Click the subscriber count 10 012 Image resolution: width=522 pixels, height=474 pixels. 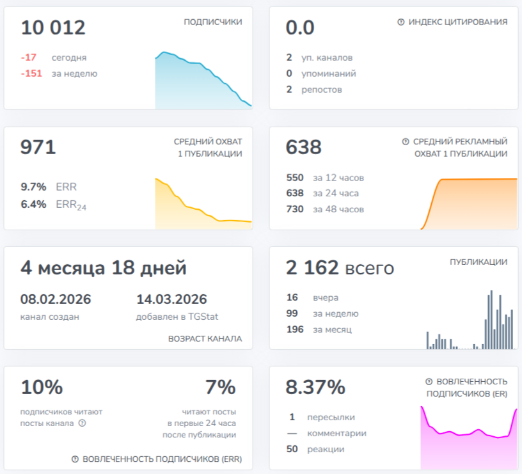tap(53, 28)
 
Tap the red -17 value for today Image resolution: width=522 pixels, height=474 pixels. tap(29, 58)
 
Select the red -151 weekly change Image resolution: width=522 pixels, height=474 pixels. tap(31, 74)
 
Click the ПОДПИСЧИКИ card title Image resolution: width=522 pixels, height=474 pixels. tap(213, 22)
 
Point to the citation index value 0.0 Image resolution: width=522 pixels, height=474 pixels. tap(300, 28)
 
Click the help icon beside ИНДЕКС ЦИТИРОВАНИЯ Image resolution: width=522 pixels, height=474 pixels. tap(401, 22)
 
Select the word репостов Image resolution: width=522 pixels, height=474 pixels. tap(322, 90)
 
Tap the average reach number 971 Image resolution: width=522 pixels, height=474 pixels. tap(38, 147)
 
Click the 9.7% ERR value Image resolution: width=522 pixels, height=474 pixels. tap(33, 187)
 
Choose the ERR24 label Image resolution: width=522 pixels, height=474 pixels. tap(71, 205)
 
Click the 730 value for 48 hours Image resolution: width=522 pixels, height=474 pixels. tap(295, 209)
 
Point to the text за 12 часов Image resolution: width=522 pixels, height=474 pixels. tap(338, 178)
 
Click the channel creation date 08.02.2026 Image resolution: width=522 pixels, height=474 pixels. tap(56, 299)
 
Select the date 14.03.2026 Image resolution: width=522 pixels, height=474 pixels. tap(172, 299)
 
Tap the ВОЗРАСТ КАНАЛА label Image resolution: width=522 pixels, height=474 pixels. tap(205, 339)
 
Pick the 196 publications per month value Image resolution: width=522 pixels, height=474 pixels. tap(295, 329)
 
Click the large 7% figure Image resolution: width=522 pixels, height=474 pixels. tap(221, 387)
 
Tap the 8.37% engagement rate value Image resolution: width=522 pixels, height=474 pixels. tap(315, 387)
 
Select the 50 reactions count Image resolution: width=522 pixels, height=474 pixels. tap(292, 449)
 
